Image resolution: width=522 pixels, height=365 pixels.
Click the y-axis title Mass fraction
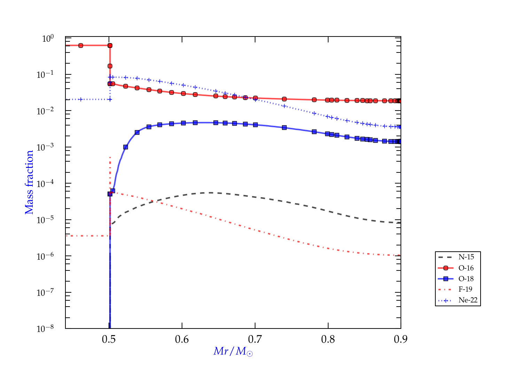pyautogui.click(x=29, y=182)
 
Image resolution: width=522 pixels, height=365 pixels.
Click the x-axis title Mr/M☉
pyautogui.click(x=233, y=351)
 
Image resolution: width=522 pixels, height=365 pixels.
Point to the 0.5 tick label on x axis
pyautogui.click(x=109, y=339)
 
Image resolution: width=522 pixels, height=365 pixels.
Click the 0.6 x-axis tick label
pyautogui.click(x=182, y=339)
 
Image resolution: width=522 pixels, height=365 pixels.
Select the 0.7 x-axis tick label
pyautogui.click(x=255, y=339)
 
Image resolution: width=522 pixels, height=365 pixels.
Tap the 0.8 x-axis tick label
pyautogui.click(x=328, y=339)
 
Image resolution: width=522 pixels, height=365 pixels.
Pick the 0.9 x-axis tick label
pyautogui.click(x=401, y=339)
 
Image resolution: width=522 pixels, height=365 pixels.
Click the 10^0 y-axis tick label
pyautogui.click(x=48, y=38)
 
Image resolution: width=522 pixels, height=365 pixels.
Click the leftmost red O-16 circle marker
pyautogui.click(x=81, y=46)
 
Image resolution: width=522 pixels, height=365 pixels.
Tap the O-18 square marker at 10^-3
pyautogui.click(x=126, y=147)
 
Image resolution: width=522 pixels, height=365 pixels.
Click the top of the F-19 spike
pyautogui.click(x=110, y=157)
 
